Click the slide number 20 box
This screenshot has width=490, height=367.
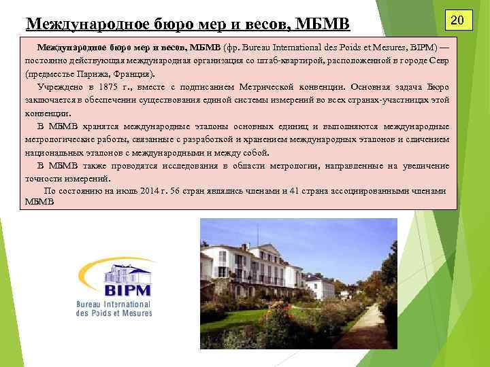point(458,21)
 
